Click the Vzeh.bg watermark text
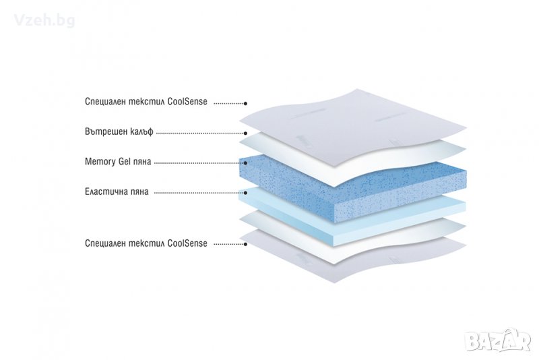44,20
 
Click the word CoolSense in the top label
187,102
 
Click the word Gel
125,161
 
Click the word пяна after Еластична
137,192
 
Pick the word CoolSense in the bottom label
187,243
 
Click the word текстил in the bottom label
146,243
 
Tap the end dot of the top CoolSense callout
245,103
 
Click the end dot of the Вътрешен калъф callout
245,133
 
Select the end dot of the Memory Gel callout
245,163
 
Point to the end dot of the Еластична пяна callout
245,193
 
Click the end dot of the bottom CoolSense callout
245,244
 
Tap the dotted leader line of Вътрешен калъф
199,133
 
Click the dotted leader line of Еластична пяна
199,193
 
